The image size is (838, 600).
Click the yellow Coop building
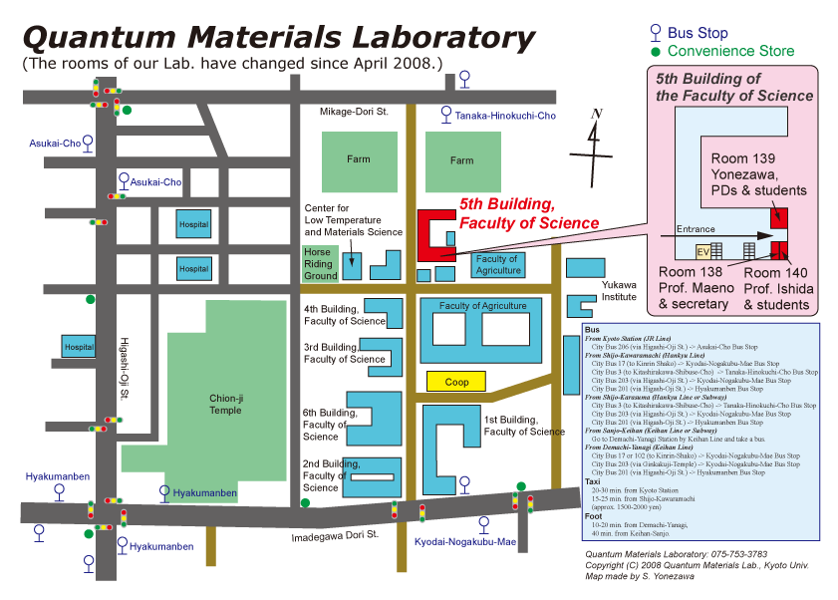tap(456, 381)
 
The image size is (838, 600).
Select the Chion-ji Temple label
tap(225, 404)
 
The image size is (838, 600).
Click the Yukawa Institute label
tap(619, 290)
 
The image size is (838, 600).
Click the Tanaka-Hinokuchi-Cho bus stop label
tap(505, 117)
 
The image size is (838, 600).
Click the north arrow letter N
tap(596, 114)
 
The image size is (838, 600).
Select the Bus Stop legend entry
tap(698, 33)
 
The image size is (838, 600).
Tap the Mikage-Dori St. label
tap(354, 113)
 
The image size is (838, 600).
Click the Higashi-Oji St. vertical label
tap(125, 370)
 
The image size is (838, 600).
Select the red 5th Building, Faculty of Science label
tap(528, 213)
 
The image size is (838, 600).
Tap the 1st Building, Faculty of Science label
tap(524, 426)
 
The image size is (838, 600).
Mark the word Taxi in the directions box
tap(592, 480)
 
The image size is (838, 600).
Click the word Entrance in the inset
tap(696, 229)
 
